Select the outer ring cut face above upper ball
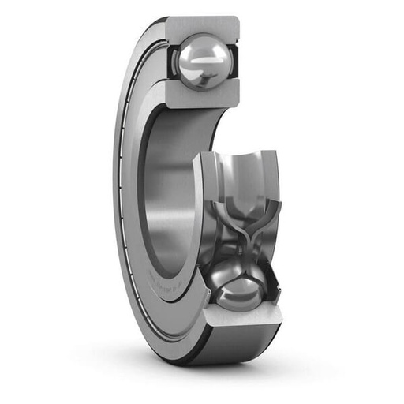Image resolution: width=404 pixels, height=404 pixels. pos(201,28)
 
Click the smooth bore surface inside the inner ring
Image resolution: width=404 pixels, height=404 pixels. pos(170,197)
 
